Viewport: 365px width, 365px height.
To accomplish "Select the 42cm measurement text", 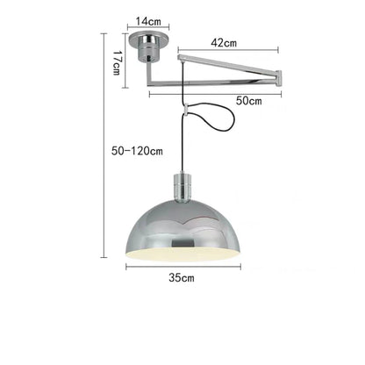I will [225, 41].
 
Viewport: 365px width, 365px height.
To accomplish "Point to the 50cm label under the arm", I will [250, 101].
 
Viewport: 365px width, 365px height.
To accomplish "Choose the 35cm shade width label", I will [182, 277].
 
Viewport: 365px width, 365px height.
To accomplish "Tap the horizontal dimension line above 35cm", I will [182, 265].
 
